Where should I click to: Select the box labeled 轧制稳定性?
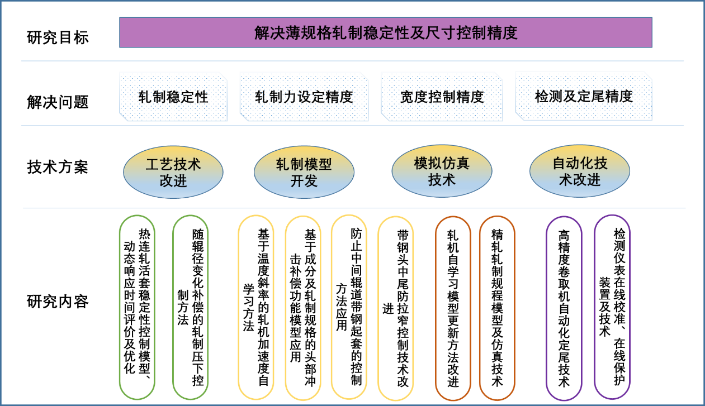(x=173, y=97)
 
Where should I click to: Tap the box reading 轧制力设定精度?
(x=304, y=97)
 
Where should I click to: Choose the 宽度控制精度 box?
(x=442, y=97)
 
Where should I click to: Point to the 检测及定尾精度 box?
(x=583, y=96)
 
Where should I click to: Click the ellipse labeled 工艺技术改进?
(x=173, y=172)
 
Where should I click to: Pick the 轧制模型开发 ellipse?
(x=304, y=172)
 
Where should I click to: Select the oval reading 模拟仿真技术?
(x=442, y=171)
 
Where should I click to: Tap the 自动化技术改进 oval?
(x=579, y=171)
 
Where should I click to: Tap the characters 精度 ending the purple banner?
(x=503, y=33)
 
